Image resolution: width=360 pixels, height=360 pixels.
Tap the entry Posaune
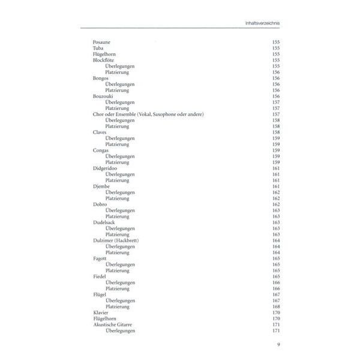pyautogui.click(x=101, y=43)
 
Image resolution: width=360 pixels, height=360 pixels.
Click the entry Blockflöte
pyautogui.click(x=104, y=60)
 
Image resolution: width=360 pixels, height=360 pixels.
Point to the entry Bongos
pyautogui.click(x=101, y=78)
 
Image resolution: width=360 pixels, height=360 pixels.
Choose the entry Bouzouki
pyautogui.click(x=103, y=96)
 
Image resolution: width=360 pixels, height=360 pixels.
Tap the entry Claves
pyautogui.click(x=100, y=132)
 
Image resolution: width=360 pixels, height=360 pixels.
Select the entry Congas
pyautogui.click(x=101, y=150)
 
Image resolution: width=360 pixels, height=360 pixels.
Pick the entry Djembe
pyautogui.click(x=101, y=186)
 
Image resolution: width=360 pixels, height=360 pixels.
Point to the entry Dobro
pyautogui.click(x=100, y=204)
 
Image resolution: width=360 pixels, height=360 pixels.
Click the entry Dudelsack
pyautogui.click(x=104, y=222)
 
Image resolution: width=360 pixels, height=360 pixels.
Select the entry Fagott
pyautogui.click(x=100, y=258)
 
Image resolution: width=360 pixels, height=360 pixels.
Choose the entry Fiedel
pyautogui.click(x=100, y=276)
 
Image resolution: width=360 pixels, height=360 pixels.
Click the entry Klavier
pyautogui.click(x=101, y=312)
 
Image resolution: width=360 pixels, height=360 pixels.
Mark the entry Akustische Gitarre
pyautogui.click(x=115, y=324)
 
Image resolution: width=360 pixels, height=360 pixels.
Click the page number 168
pyautogui.click(x=276, y=306)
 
